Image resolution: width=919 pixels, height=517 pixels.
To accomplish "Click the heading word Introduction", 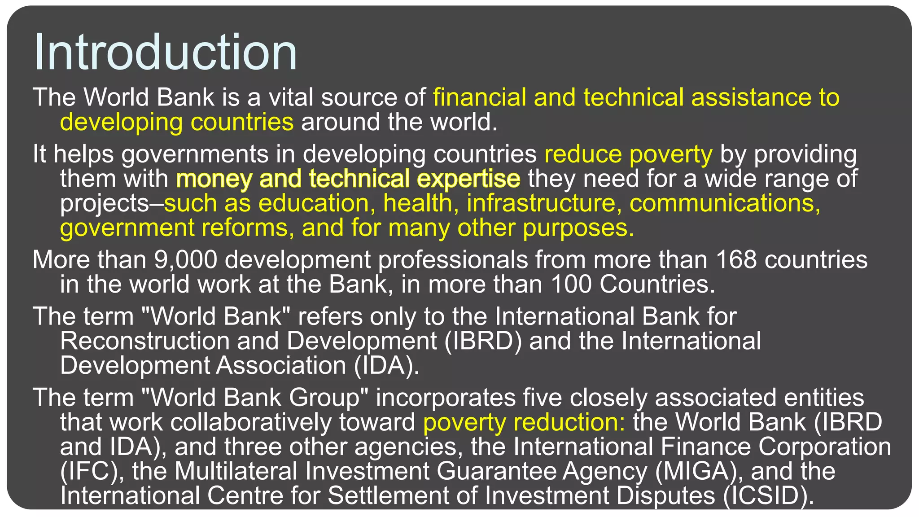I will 165,52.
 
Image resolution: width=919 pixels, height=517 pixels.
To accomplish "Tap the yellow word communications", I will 725,203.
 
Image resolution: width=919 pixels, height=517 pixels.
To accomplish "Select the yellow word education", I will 313,203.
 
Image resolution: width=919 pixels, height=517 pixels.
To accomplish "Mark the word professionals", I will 453,260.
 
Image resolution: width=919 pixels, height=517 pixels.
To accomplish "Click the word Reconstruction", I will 144,341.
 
